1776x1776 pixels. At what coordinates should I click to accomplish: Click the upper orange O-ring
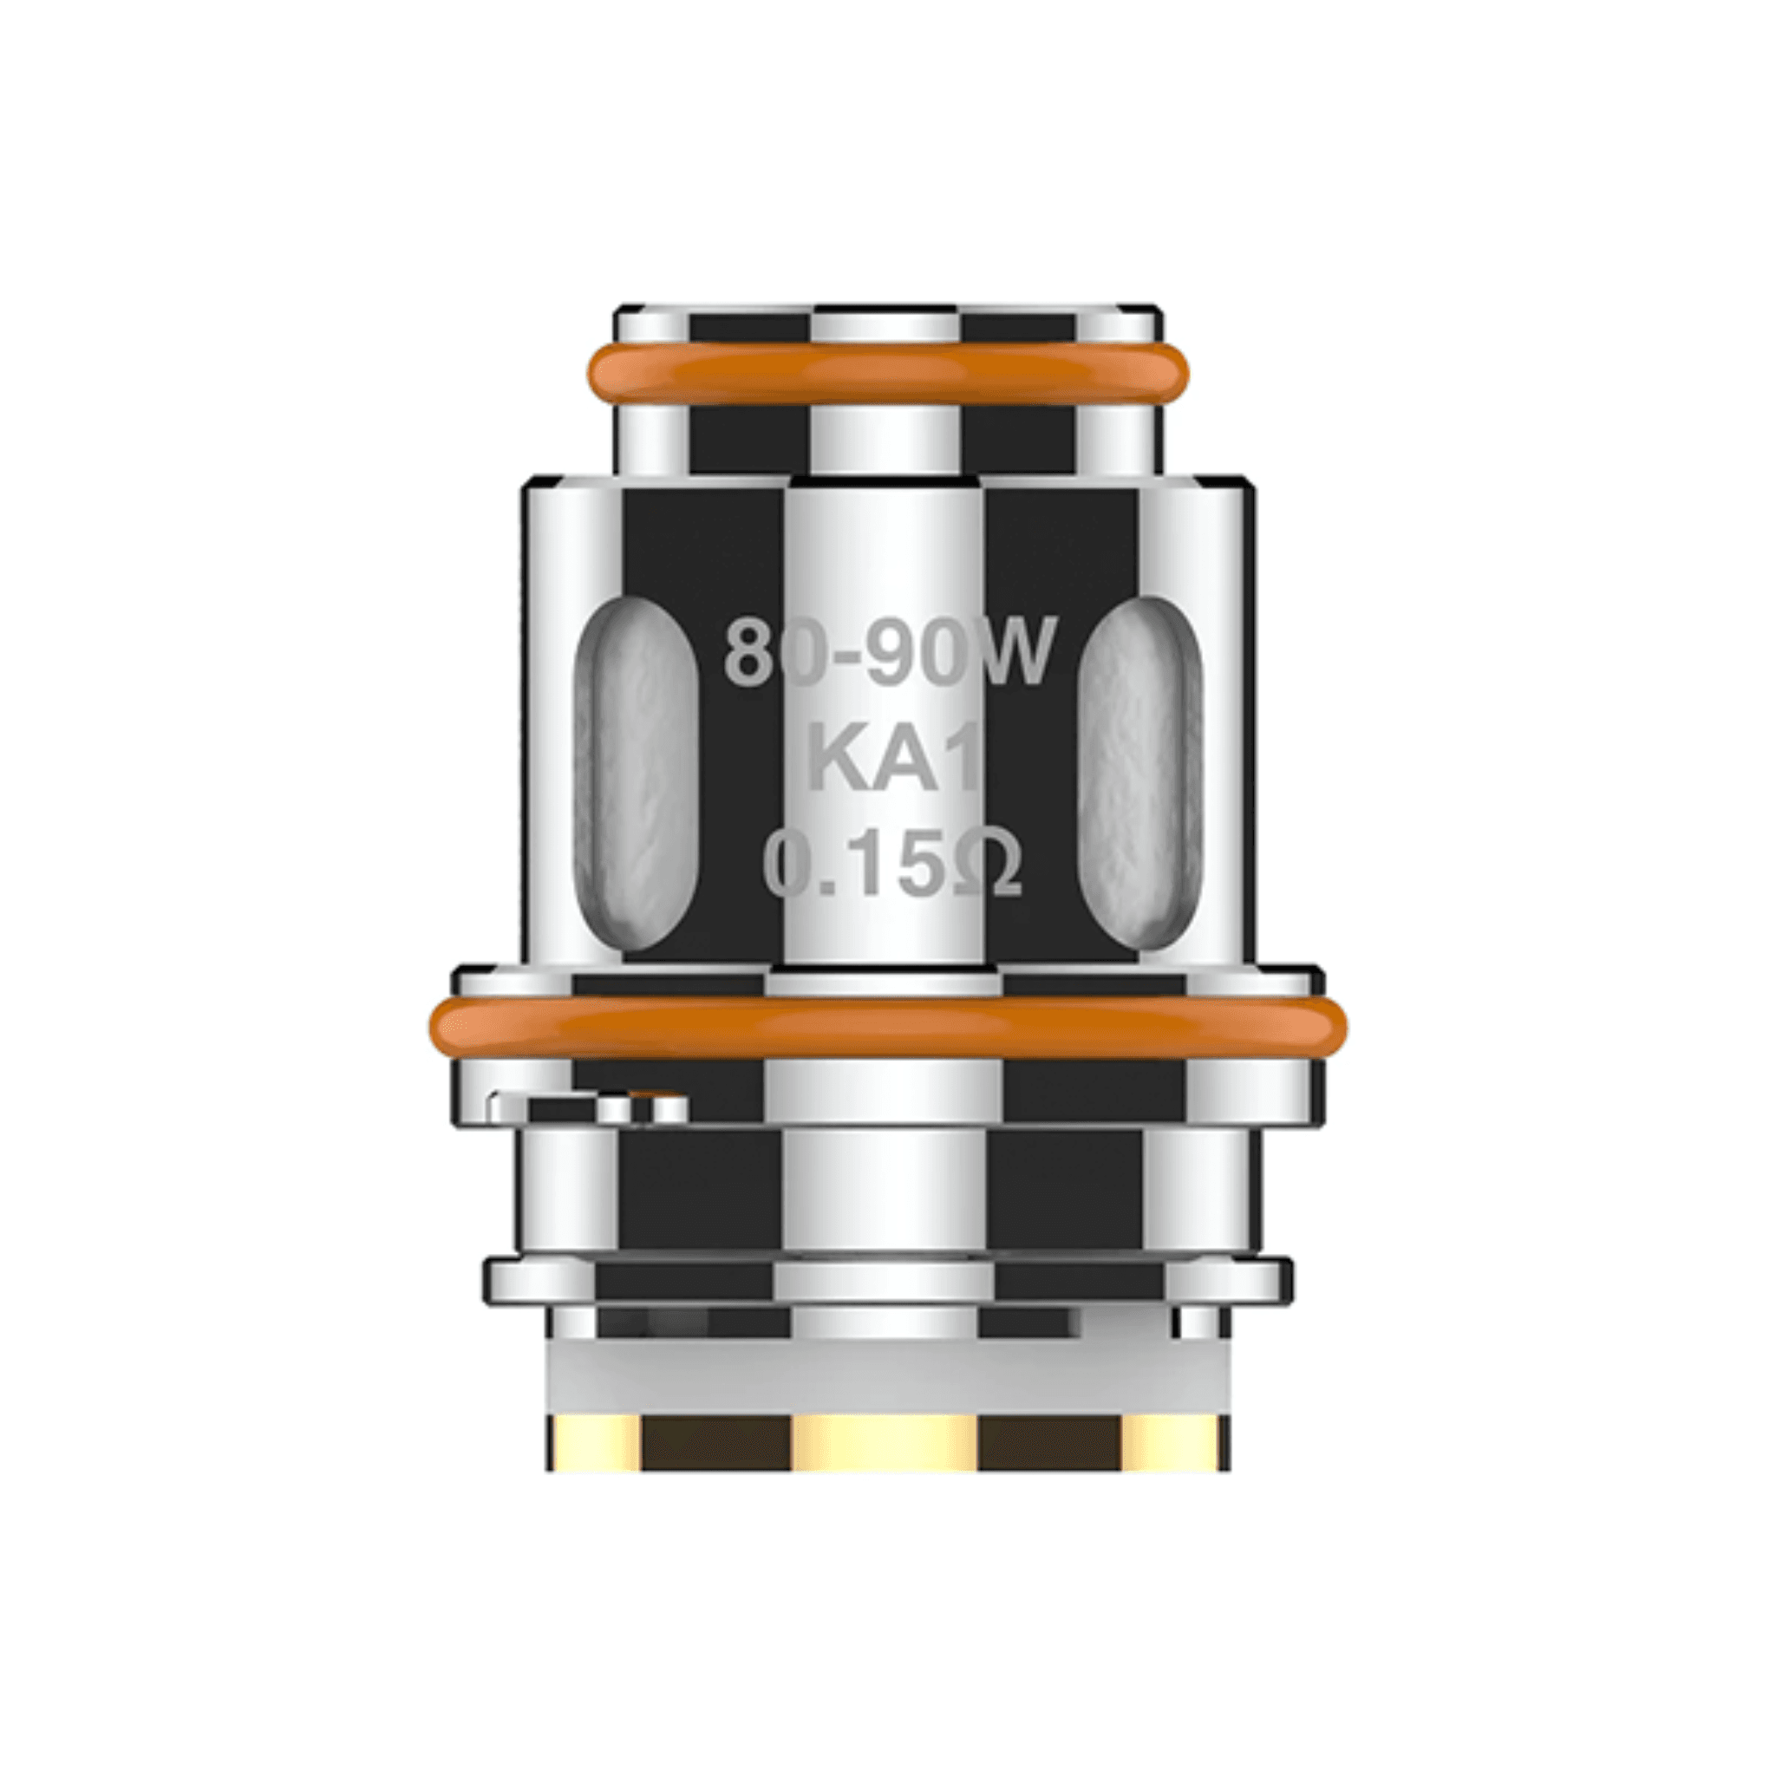point(888,372)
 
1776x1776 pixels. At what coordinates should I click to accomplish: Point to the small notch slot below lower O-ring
point(588,1107)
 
